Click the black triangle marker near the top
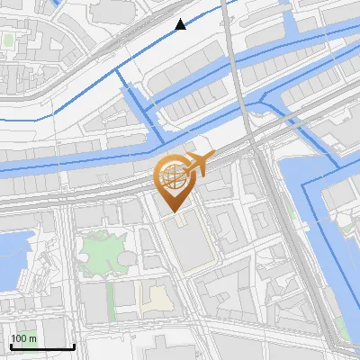click(181, 24)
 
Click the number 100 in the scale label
click(19, 338)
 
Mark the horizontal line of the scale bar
click(41, 346)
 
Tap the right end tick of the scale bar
click(74, 345)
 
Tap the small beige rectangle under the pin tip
click(180, 220)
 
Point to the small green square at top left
click(10, 41)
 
